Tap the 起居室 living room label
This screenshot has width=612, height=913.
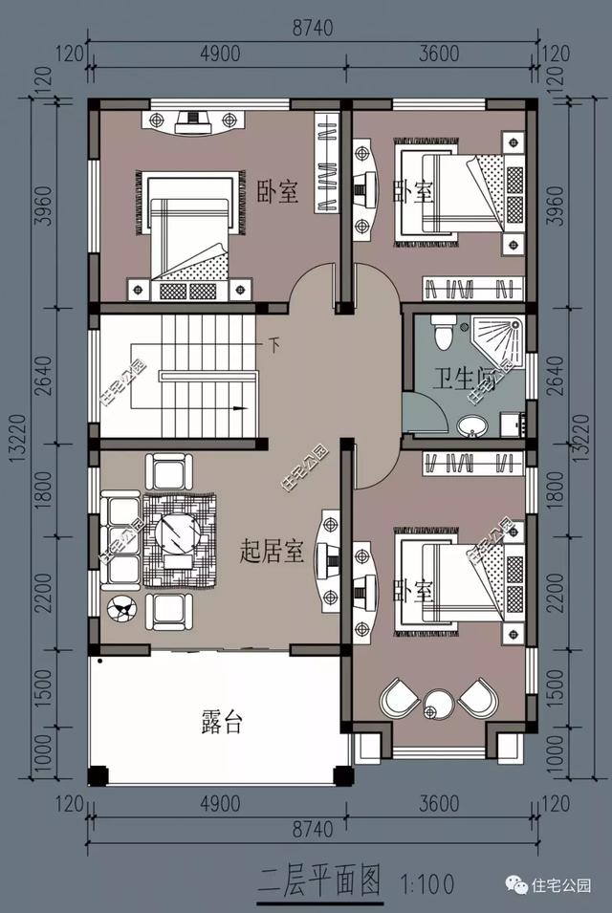(x=273, y=552)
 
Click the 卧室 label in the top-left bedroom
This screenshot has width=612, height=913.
(x=278, y=192)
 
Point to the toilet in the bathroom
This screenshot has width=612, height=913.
(x=443, y=331)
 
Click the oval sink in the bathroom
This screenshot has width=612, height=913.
(x=471, y=425)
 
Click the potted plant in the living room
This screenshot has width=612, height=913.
(x=122, y=606)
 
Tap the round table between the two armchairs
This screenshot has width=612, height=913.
(x=440, y=706)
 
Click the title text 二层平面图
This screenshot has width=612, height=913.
(x=320, y=878)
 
